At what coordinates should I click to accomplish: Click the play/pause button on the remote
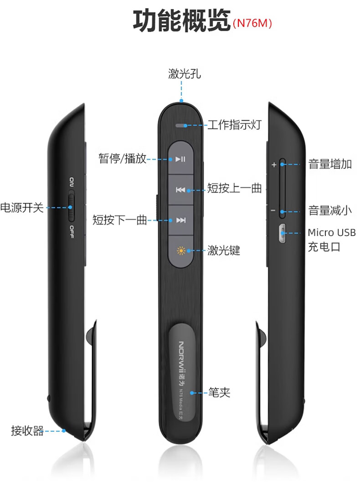click(181, 159)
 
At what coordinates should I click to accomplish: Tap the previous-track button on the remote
click(181, 190)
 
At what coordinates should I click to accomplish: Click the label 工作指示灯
click(234, 125)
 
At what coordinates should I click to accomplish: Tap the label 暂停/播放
click(123, 159)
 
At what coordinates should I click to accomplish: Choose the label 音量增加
click(330, 164)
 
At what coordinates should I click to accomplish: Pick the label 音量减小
click(330, 210)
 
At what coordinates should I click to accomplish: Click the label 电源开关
click(22, 208)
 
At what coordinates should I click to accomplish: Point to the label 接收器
click(27, 431)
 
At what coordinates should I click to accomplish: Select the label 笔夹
click(219, 392)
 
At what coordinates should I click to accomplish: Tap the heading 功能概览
click(181, 21)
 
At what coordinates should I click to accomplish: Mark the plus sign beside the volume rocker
click(274, 165)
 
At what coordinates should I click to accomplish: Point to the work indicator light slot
click(181, 124)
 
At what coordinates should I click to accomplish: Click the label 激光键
click(223, 250)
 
